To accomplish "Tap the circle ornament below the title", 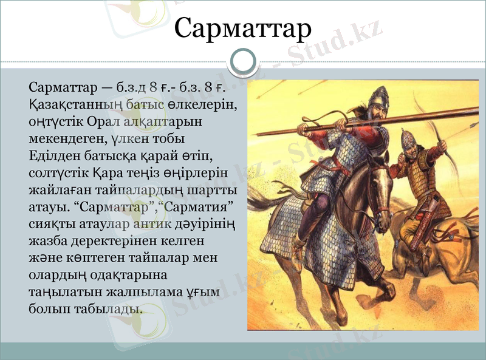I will pyautogui.click(x=243, y=61).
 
